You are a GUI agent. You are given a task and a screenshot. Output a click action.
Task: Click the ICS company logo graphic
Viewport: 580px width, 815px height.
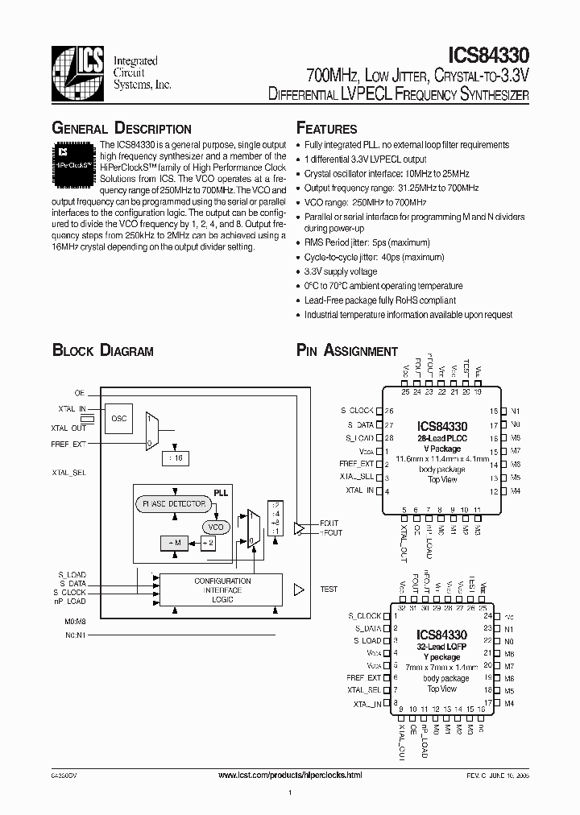point(77,72)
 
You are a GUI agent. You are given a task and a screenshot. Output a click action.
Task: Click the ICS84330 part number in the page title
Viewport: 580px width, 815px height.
point(488,56)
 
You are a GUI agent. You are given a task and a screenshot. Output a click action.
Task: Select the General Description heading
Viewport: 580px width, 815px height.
point(122,129)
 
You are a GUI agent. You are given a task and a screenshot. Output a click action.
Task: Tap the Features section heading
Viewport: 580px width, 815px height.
point(326,129)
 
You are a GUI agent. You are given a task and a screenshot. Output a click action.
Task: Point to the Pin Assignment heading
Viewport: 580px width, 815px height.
point(347,351)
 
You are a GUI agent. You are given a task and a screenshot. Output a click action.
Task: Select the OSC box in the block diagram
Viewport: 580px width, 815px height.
point(118,418)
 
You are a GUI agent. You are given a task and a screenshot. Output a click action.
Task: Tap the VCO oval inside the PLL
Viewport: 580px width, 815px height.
point(215,527)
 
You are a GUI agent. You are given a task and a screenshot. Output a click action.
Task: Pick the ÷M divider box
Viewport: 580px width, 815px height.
point(175,544)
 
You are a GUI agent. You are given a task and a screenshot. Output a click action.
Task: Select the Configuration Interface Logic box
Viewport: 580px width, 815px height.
point(222,590)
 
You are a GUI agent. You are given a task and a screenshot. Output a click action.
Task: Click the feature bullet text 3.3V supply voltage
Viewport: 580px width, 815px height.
point(340,272)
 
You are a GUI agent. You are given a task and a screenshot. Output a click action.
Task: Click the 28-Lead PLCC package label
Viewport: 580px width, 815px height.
point(441,436)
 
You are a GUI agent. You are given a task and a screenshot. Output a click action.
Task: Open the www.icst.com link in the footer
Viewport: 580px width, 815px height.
point(290,774)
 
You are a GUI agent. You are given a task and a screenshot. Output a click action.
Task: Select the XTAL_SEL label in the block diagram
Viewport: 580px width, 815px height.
point(69,474)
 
